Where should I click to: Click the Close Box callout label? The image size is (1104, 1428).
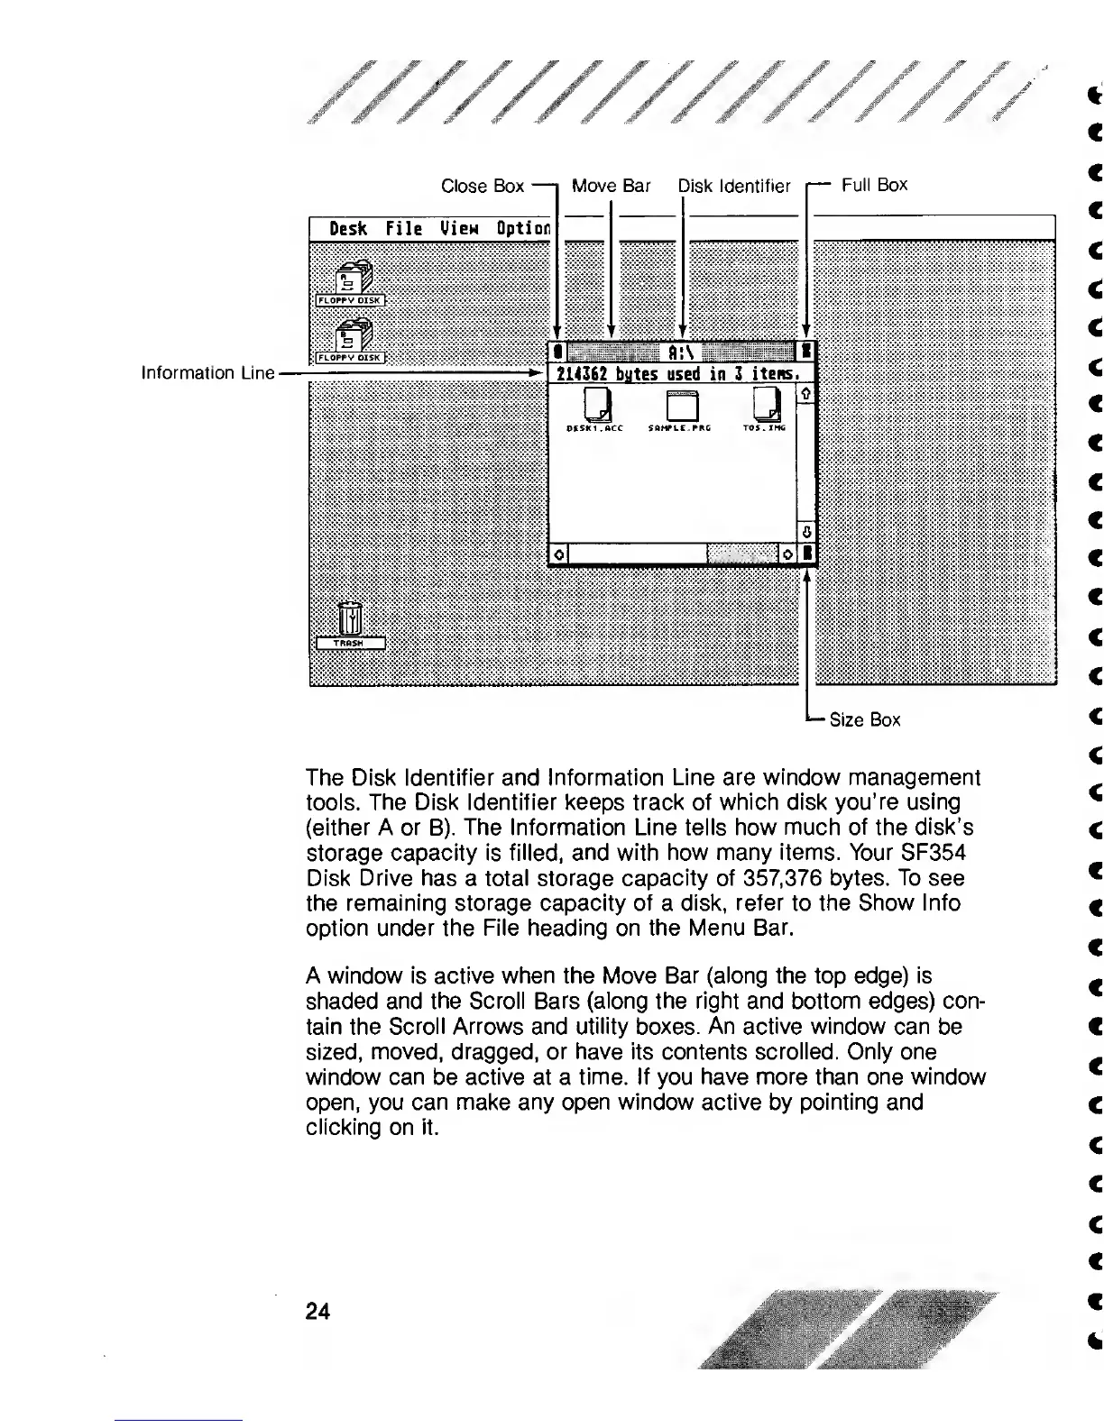click(482, 186)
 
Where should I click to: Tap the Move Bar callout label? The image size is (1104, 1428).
click(611, 186)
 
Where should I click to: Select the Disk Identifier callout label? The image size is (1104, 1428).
click(733, 186)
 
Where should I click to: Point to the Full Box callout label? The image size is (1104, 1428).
click(873, 185)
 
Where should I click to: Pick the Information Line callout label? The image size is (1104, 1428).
click(207, 372)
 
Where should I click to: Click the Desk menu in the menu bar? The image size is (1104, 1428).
click(348, 228)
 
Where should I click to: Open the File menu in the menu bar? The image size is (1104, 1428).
click(403, 228)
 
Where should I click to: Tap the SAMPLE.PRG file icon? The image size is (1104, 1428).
click(681, 405)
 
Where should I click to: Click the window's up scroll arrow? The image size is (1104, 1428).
click(806, 393)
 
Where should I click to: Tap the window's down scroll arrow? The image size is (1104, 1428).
click(806, 531)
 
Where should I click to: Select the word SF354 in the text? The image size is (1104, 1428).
click(934, 853)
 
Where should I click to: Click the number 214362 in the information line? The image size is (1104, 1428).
click(580, 373)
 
